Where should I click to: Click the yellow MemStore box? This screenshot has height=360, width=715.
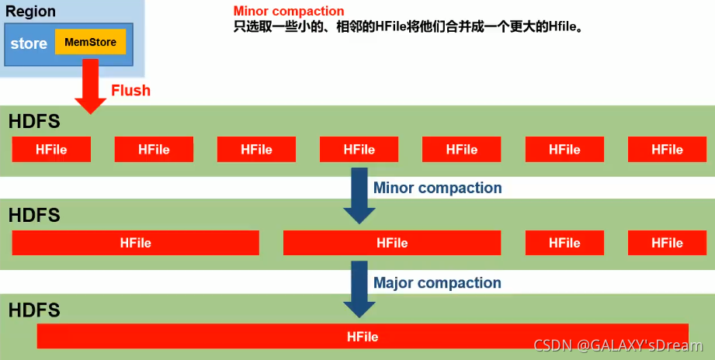click(x=91, y=42)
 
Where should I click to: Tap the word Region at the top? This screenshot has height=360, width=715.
click(x=30, y=12)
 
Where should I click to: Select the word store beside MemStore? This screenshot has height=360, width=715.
click(x=29, y=43)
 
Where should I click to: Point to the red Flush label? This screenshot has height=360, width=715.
click(x=130, y=91)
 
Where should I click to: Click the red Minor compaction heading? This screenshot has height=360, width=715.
click(x=289, y=12)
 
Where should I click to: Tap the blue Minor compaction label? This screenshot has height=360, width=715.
click(x=437, y=188)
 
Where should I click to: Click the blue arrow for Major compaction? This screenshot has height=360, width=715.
click(x=359, y=288)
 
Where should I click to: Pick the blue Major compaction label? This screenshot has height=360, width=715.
click(x=437, y=282)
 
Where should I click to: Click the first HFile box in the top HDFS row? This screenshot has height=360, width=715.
click(x=51, y=149)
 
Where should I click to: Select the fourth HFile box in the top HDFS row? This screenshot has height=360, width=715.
click(x=359, y=149)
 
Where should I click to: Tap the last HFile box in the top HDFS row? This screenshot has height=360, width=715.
click(x=667, y=149)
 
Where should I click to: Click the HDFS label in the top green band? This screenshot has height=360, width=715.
click(x=34, y=122)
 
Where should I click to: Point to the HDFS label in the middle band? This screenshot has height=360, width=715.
click(x=34, y=215)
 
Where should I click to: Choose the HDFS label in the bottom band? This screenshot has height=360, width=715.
click(x=34, y=310)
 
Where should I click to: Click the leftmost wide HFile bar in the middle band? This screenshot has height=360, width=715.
click(x=135, y=243)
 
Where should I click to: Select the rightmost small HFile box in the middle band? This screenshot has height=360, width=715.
click(x=667, y=243)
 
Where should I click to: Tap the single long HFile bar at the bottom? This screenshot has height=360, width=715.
click(x=363, y=337)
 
